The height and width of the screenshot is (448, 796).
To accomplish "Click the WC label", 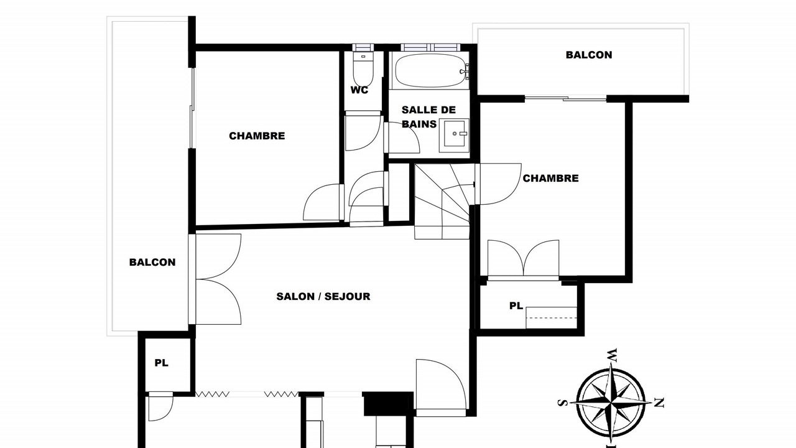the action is pyautogui.click(x=359, y=90).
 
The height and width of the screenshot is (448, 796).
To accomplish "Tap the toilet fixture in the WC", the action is pyautogui.click(x=363, y=68).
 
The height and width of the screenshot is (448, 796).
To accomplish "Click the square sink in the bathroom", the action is pyautogui.click(x=454, y=136).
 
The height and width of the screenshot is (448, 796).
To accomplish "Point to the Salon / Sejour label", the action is pyautogui.click(x=323, y=297).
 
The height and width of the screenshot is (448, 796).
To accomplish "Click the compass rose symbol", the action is pyautogui.click(x=611, y=403).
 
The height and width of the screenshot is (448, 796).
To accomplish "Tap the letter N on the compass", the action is pyautogui.click(x=659, y=403).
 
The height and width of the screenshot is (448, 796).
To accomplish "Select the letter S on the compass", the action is pyautogui.click(x=562, y=403).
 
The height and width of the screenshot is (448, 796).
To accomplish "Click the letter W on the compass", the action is pyautogui.click(x=611, y=355).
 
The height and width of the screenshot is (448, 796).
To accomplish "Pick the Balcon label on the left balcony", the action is pyautogui.click(x=152, y=263).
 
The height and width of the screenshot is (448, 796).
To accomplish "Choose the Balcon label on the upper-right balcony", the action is pyautogui.click(x=589, y=55).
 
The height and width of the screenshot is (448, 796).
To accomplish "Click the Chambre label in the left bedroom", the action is pyautogui.click(x=257, y=136).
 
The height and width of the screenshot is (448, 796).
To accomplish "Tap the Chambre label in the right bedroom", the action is pyautogui.click(x=550, y=178).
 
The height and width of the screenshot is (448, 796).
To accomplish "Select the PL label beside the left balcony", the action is pyautogui.click(x=161, y=363).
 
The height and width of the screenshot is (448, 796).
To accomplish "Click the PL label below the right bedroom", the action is pyautogui.click(x=516, y=306).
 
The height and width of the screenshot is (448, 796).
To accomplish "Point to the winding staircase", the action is pyautogui.click(x=442, y=201).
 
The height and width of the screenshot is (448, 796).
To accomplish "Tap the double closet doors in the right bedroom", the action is pyautogui.click(x=523, y=259).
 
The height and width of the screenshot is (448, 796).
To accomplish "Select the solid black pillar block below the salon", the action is pyautogui.click(x=388, y=404).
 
